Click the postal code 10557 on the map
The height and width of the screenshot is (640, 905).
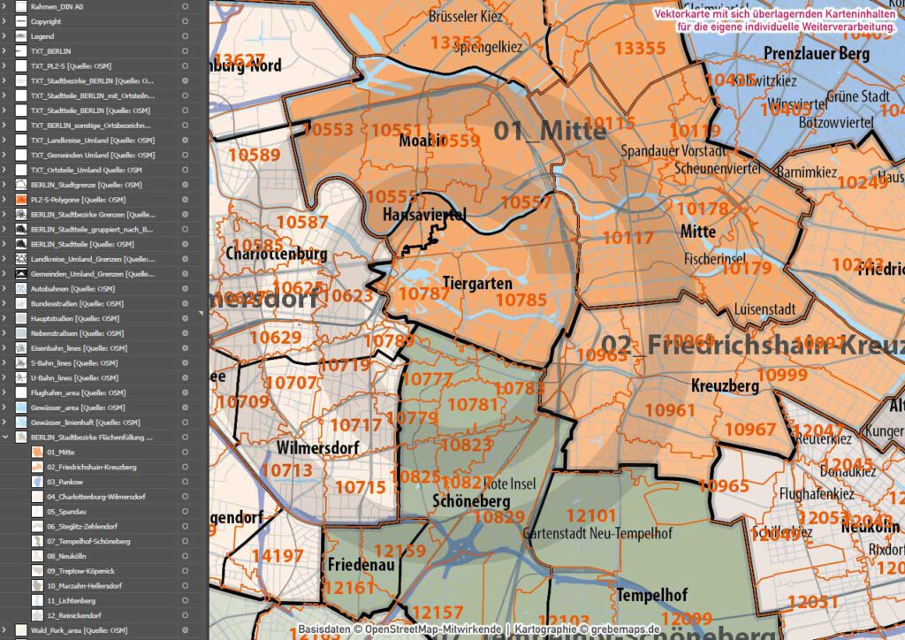(526, 202)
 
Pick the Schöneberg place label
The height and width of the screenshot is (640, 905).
(467, 499)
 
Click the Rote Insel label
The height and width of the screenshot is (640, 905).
(510, 484)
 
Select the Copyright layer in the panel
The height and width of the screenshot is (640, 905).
(46, 21)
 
